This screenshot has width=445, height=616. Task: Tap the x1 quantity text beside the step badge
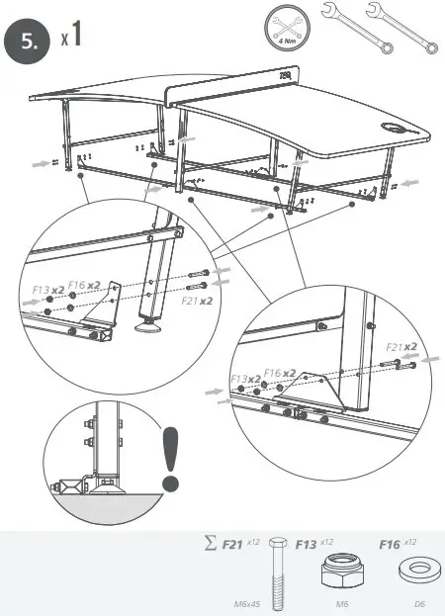coord(70,38)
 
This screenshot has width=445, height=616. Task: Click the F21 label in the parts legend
coord(232,544)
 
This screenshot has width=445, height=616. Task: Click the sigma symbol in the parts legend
coord(208,544)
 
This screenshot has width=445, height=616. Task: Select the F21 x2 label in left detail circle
coord(199,299)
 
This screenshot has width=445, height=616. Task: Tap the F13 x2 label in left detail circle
coord(47,290)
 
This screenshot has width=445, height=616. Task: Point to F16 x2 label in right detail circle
coord(280,372)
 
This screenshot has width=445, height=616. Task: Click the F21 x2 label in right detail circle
coord(400,346)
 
